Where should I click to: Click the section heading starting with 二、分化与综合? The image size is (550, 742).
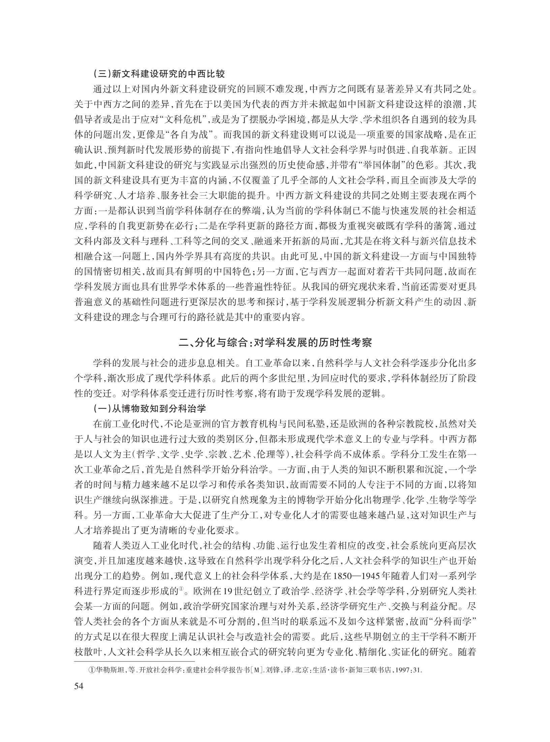[275, 343]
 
